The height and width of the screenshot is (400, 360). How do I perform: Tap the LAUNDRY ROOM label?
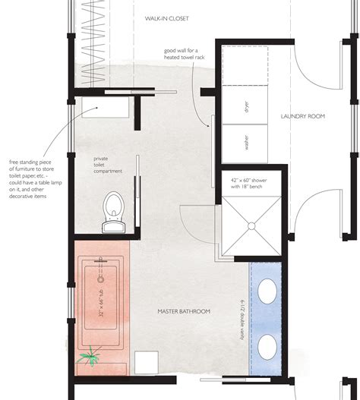pyautogui.click(x=304, y=116)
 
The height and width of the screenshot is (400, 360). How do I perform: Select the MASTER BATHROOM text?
pyautogui.click(x=183, y=312)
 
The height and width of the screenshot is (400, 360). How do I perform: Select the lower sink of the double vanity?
pyautogui.click(x=267, y=348)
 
